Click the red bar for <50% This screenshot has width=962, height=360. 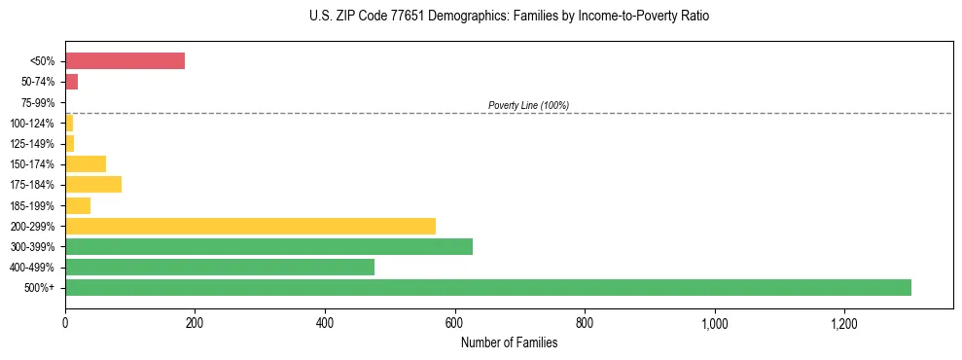pos(125,61)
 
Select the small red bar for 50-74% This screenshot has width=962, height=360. pos(71,82)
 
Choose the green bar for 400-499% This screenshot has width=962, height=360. pos(220,267)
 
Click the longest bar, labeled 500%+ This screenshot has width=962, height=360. pos(487,287)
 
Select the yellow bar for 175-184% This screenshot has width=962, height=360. pos(93,185)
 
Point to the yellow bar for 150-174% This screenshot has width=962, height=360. pos(86,163)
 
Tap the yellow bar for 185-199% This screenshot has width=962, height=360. pos(78,205)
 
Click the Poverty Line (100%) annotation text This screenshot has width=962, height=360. pos(528,105)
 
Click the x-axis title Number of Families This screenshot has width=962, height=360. pos(509,342)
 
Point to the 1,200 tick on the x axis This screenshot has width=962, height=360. pos(843,322)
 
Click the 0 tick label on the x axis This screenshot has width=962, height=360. pos(65,322)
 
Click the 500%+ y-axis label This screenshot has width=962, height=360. pos(42,288)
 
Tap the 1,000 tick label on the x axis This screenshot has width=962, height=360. pos(714,322)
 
